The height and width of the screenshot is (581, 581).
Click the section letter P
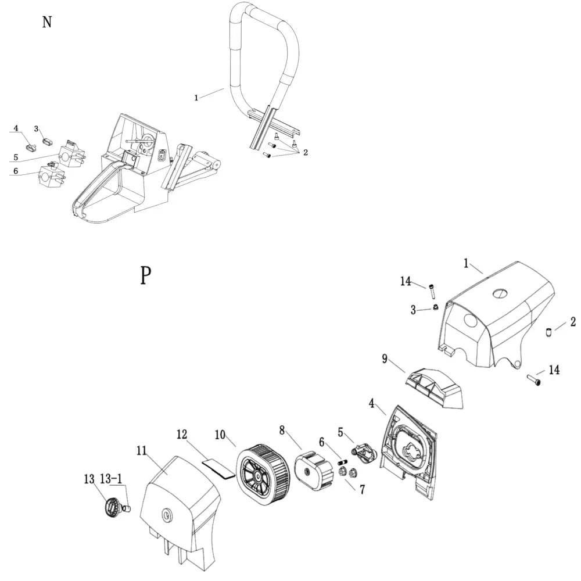click(146, 275)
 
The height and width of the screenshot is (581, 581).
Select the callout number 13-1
click(111, 479)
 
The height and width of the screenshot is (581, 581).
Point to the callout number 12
click(182, 434)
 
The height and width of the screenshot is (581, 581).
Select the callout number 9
click(385, 358)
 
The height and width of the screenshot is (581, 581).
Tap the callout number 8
click(282, 431)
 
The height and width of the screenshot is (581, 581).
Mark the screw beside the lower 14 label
click(534, 380)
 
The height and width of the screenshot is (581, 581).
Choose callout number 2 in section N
click(305, 153)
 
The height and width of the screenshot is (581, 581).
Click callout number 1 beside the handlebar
click(196, 98)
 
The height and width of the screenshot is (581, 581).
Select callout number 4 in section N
click(16, 128)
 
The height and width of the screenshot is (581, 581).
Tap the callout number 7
click(362, 490)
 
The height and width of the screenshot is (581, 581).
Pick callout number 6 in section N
click(16, 171)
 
